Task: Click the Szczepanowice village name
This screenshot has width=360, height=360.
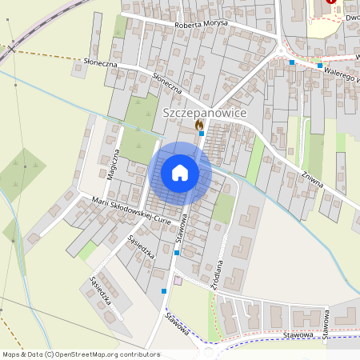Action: (x=205, y=114)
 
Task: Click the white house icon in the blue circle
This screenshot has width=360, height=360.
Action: (x=180, y=173)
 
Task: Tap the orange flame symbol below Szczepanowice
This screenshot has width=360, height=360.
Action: (x=199, y=125)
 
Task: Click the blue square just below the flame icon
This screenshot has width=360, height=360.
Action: (x=200, y=134)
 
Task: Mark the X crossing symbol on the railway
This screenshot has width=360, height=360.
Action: (x=12, y=49)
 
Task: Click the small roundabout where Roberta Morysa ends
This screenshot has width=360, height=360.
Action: (x=282, y=53)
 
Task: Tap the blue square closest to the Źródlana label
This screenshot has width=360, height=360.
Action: (x=176, y=253)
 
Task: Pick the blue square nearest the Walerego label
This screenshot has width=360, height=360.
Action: (x=320, y=65)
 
